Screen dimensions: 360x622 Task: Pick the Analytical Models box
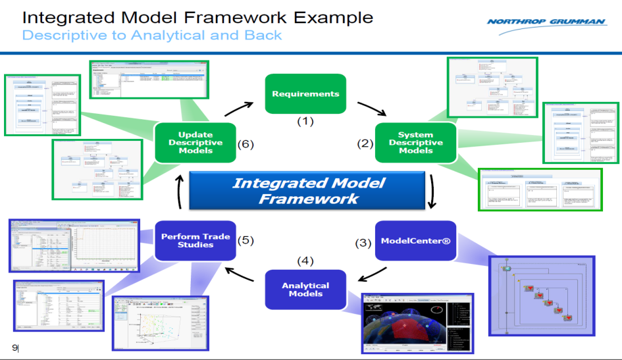click(x=305, y=290)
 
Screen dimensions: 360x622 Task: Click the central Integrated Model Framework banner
click(x=308, y=190)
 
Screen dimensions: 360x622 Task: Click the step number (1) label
click(x=306, y=121)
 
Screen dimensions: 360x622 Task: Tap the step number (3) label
click(x=364, y=242)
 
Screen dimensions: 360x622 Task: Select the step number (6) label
click(x=245, y=143)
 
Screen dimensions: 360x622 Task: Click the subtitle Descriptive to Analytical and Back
click(x=152, y=35)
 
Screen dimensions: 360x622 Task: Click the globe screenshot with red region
click(x=418, y=322)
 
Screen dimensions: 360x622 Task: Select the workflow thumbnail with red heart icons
click(x=541, y=296)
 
